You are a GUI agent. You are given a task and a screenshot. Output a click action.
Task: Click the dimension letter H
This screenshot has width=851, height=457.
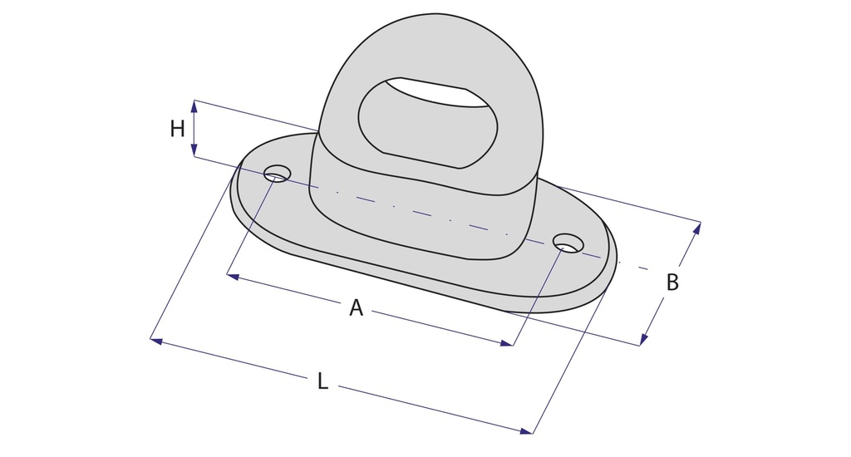tap(178, 129)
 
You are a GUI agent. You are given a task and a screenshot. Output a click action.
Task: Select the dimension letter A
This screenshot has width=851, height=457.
tap(356, 307)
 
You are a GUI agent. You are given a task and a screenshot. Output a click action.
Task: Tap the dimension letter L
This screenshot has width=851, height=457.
tap(322, 381)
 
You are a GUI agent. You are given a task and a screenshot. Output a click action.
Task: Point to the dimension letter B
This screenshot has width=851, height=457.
tap(671, 283)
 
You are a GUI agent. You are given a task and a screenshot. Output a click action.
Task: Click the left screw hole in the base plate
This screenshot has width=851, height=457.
tap(277, 173)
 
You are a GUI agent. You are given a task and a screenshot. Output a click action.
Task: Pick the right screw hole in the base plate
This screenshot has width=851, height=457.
tap(568, 243)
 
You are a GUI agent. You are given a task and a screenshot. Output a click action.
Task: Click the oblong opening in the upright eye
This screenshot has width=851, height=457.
tap(428, 123)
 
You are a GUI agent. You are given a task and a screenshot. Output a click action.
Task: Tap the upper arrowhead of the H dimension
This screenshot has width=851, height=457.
tap(194, 106)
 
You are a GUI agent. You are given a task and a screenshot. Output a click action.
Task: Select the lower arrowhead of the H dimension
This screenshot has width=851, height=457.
tap(194, 150)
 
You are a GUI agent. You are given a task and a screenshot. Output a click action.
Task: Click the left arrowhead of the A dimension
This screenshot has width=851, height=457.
tap(233, 277)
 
